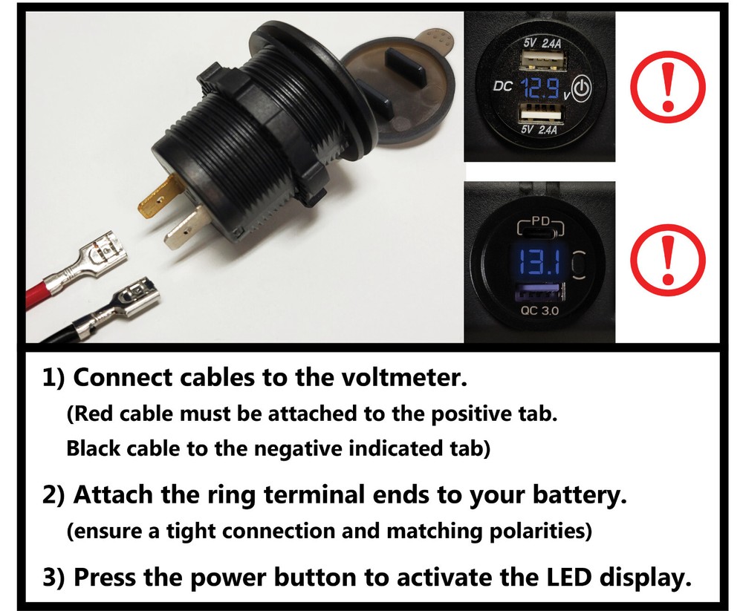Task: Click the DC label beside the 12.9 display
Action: coord(503,86)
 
